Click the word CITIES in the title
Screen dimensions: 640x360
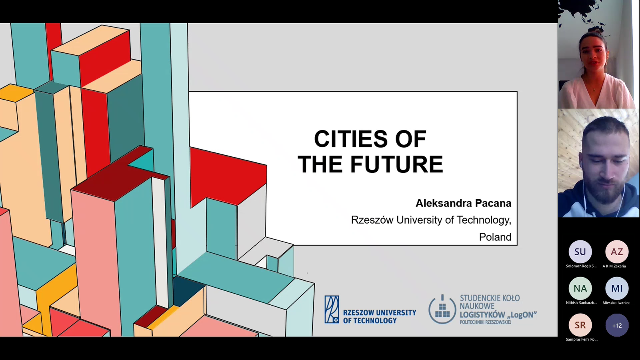pos(350,139)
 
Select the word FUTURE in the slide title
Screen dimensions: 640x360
pos(396,164)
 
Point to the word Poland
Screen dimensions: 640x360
pos(495,237)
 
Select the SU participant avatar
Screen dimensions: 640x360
pos(580,252)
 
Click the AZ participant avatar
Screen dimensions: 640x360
pos(617,252)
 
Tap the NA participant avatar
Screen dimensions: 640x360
pos(580,288)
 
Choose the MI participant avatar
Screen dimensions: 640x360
pos(617,288)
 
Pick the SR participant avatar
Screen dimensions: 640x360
pos(580,325)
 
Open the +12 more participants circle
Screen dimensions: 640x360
pos(617,325)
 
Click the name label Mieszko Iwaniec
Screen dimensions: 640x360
pos(616,303)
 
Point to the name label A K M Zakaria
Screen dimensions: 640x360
pos(614,266)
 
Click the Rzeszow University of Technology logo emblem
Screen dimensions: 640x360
pos(332,310)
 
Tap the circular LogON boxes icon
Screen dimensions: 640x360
pos(442,309)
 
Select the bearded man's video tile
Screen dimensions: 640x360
pos(598,163)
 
